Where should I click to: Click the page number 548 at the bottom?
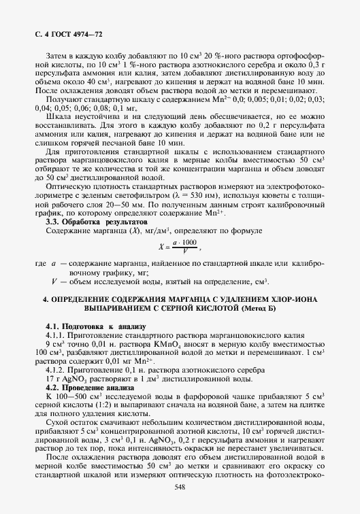(x=180, y=486)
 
